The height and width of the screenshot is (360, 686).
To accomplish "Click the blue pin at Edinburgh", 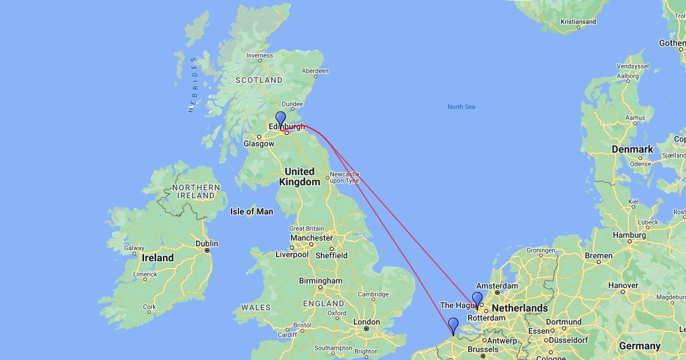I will tap(280, 119).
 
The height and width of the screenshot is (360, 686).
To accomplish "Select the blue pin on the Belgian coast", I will tap(453, 325).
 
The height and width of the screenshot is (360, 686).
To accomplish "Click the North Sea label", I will tap(461, 107).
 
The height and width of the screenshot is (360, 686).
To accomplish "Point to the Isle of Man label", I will tap(252, 211).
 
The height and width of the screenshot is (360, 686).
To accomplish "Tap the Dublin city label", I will tap(206, 243).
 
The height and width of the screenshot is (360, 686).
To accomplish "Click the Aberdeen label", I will tap(315, 71).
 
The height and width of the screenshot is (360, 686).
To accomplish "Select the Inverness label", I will tap(260, 55).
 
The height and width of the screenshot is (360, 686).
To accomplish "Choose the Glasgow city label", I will tap(259, 144).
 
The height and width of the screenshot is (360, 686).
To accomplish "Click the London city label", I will tap(366, 322).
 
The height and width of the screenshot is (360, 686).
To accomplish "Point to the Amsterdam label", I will tap(496, 286).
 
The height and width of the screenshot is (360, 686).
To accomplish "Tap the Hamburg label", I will tap(629, 235).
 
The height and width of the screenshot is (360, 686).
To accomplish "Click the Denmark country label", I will tap(632, 149).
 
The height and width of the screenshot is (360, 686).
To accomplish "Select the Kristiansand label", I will tap(578, 22).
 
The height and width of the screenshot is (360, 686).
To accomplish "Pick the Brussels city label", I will tap(483, 349).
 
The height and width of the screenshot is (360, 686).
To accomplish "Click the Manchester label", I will tap(311, 238).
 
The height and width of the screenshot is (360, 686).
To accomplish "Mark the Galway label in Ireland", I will tap(134, 248).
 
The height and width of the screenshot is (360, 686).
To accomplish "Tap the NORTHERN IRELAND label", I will tap(196, 191).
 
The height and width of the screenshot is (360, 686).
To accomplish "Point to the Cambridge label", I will tap(373, 294).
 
